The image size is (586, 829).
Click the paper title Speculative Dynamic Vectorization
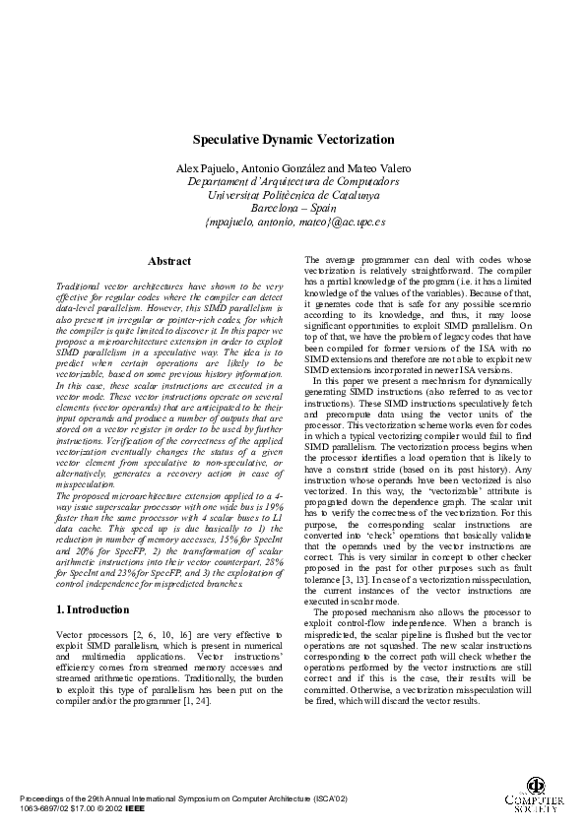click(293, 141)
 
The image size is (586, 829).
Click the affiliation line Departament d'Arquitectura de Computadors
click(293, 182)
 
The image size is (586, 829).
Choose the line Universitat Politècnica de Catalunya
click(293, 196)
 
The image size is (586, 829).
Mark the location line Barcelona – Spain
click(293, 209)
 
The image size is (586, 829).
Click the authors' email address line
click(293, 223)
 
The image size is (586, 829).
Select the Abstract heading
click(169, 262)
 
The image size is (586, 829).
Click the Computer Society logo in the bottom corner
click(536, 797)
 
